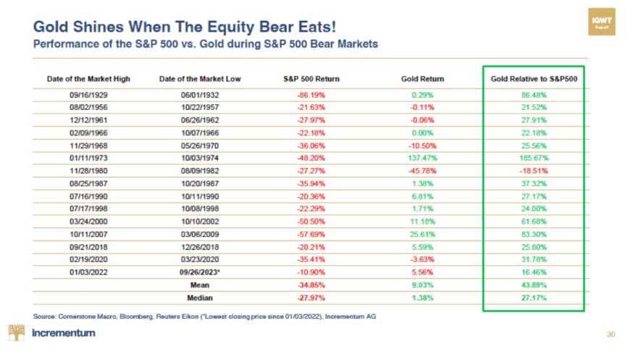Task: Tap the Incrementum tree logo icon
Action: (16, 333)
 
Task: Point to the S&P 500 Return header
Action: (311, 78)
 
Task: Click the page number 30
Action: (610, 335)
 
